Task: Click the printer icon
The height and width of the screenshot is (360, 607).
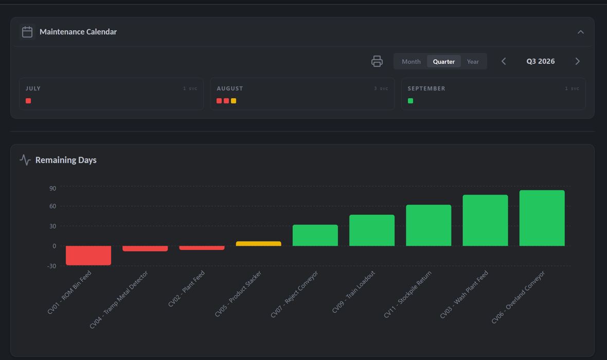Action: pos(377,61)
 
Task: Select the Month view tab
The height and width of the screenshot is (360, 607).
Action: pos(410,62)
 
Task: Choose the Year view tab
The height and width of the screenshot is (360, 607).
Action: pos(473,62)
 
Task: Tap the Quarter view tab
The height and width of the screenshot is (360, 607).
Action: pos(443,62)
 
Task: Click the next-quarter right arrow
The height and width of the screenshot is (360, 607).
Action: pos(577,61)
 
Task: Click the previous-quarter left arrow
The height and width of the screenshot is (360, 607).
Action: pos(504,61)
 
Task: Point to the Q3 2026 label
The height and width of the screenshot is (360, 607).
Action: pos(541,61)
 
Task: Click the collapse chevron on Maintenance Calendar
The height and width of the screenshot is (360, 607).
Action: pos(580,32)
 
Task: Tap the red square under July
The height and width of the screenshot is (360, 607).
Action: pos(28,101)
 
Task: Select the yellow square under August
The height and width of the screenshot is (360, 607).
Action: pos(234,101)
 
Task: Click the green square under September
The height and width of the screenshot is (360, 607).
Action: pos(410,101)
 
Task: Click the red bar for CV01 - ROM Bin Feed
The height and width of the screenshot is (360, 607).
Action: pos(88,256)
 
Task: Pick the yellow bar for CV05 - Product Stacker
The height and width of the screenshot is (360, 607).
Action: pos(259,243)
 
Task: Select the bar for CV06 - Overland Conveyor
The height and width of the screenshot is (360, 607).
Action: pos(542,218)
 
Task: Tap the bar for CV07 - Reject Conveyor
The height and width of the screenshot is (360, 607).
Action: pos(315,235)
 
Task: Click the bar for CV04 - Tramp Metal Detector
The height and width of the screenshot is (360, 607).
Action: pos(145,248)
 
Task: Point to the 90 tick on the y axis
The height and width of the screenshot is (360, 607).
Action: pos(52,189)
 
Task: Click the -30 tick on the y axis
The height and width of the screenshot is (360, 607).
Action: pos(51,266)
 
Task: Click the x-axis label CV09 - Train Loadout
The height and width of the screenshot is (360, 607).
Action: pos(353,292)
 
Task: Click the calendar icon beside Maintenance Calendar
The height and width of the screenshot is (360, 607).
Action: pos(27,32)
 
